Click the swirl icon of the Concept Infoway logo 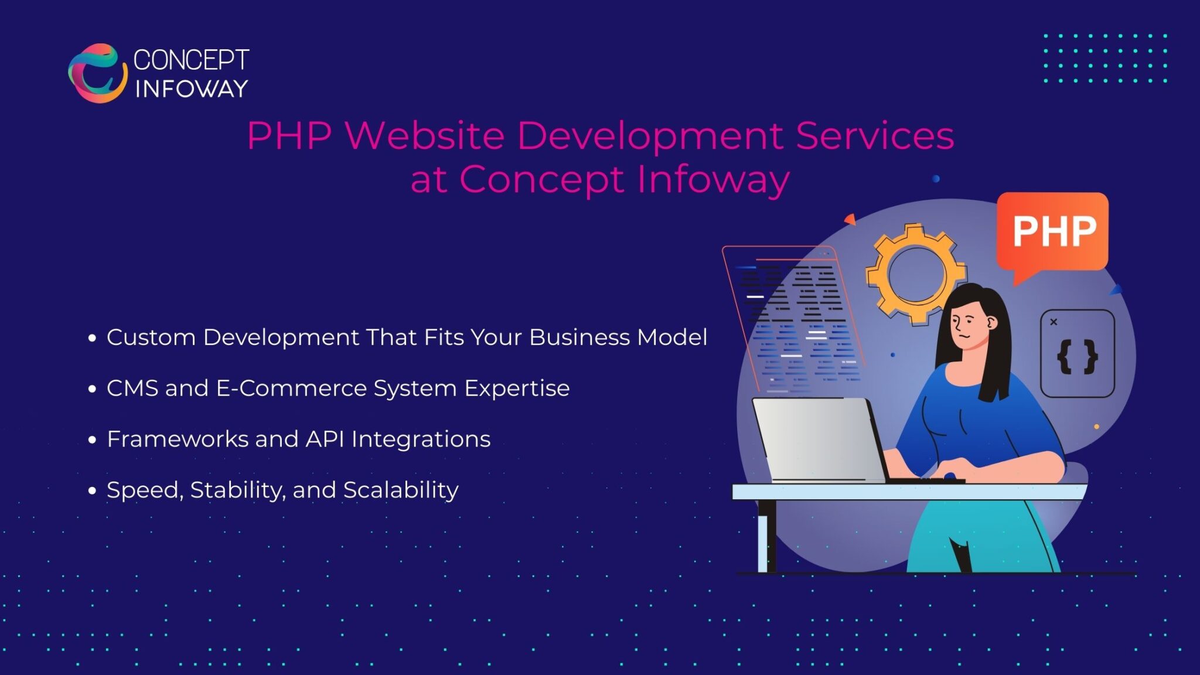(x=97, y=73)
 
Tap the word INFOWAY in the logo (x=192, y=89)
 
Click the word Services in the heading (x=875, y=135)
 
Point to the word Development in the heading (x=650, y=137)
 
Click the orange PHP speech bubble (x=1053, y=231)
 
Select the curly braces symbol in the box (x=1077, y=357)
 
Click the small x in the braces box (x=1054, y=322)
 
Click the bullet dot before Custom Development (x=92, y=338)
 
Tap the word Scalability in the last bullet (x=401, y=490)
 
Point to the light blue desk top (x=908, y=492)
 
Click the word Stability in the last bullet (x=237, y=490)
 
